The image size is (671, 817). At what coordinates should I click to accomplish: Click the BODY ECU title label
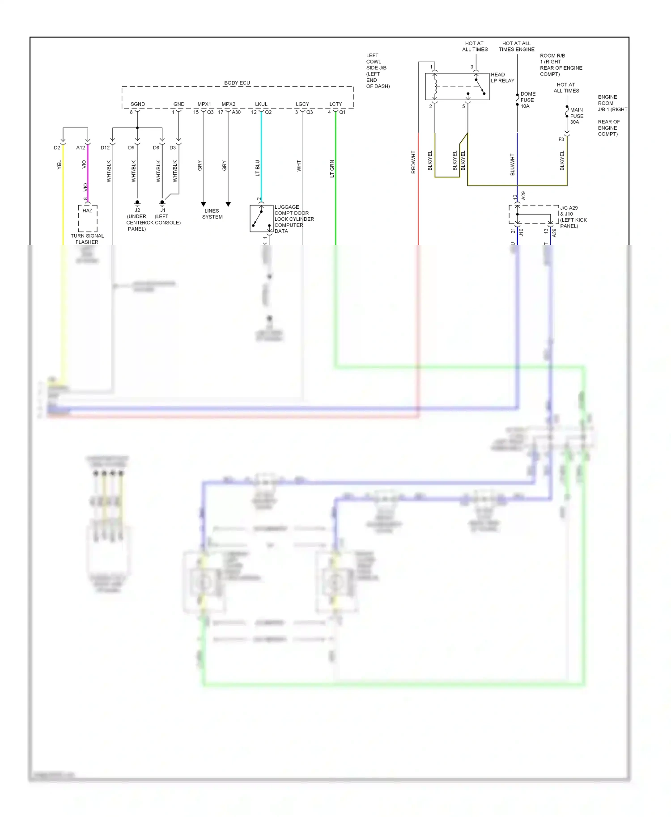237,83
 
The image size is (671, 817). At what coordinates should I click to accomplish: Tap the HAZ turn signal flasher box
88,218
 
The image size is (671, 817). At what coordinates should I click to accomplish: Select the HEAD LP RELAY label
502,78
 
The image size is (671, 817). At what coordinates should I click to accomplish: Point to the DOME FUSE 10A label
527,100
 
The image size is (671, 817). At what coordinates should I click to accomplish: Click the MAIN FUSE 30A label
577,116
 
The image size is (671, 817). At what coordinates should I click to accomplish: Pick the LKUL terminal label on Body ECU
261,104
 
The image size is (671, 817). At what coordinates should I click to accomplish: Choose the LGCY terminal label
302,104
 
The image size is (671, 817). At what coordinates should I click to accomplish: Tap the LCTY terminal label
335,104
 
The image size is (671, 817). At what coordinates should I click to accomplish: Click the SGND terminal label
138,104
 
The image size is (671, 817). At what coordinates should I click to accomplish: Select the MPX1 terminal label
204,104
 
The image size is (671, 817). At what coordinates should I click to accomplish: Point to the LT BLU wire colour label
258,168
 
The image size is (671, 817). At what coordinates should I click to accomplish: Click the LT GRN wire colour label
332,169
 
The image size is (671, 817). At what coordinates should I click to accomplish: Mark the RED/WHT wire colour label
413,162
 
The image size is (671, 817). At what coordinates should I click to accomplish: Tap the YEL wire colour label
59,165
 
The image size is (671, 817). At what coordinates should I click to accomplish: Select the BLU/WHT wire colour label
513,164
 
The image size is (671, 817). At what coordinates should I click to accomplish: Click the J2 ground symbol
137,203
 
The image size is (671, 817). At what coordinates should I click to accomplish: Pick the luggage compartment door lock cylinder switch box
262,219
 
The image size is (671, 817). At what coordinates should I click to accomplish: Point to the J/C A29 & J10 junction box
534,215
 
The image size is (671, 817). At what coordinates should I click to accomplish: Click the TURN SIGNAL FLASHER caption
87,239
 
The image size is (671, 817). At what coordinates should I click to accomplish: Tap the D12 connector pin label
105,147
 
